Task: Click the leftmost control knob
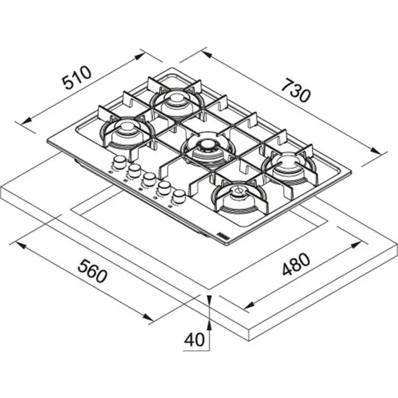117,163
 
